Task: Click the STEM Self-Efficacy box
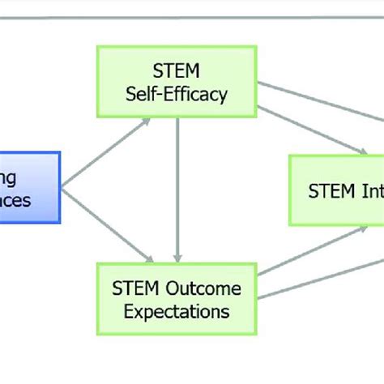[176, 83]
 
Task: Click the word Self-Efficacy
[176, 94]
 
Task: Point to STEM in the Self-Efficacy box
[176, 71]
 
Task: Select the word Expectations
[176, 309]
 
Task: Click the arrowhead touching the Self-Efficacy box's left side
[145, 122]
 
